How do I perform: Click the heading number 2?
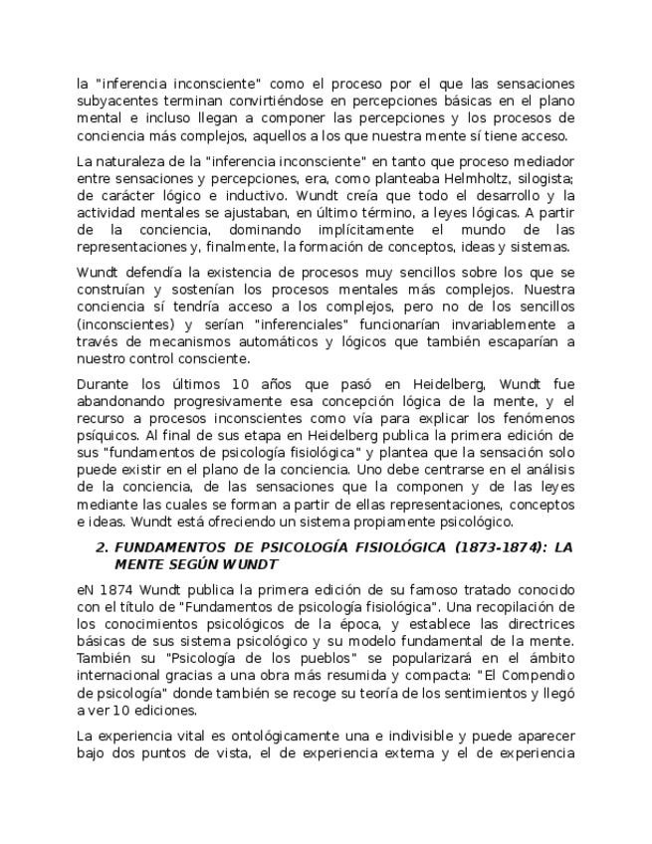pos(101,547)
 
